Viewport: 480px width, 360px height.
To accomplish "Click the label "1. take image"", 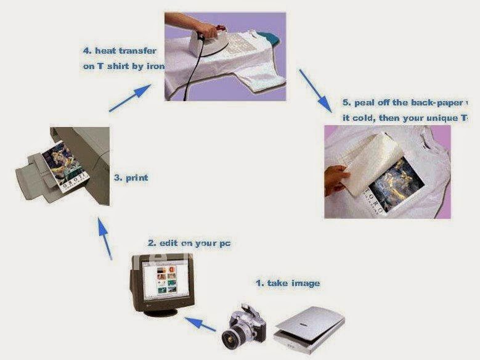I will pyautogui.click(x=288, y=284).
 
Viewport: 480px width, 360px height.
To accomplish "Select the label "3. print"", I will pyautogui.click(x=131, y=178).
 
